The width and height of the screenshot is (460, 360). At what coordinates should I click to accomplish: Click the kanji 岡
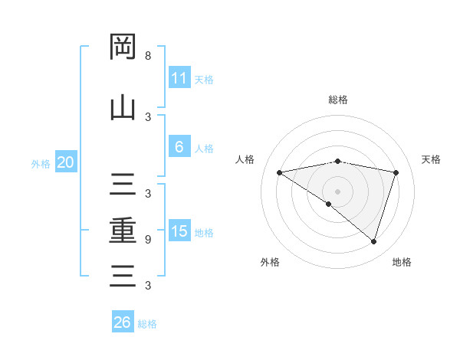123,47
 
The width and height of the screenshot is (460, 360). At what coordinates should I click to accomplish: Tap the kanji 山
123,108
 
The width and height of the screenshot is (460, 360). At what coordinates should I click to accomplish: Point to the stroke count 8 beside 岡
148,56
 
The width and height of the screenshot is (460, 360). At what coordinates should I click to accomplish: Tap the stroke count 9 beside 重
148,239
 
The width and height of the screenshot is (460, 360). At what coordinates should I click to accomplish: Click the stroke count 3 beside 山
148,116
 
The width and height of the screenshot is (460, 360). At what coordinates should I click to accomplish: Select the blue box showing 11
179,78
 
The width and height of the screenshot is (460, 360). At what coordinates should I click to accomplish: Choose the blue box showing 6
179,147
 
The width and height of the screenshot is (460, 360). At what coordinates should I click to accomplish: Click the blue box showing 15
179,231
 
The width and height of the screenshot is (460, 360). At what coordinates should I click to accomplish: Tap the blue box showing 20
65,162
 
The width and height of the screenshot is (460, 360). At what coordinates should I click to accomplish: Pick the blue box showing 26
122,322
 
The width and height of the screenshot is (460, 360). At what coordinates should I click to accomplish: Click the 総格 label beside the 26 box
147,324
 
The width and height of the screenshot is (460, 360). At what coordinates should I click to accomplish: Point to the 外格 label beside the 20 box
41,163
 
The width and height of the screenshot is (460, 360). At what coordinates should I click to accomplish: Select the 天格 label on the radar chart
432,159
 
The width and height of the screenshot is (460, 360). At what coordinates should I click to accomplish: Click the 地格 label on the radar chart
402,262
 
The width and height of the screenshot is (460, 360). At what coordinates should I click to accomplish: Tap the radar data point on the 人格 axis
279,172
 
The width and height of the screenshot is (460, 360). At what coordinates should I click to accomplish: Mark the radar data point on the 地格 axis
373,242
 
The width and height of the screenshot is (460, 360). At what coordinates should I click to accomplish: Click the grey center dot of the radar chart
337,191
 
